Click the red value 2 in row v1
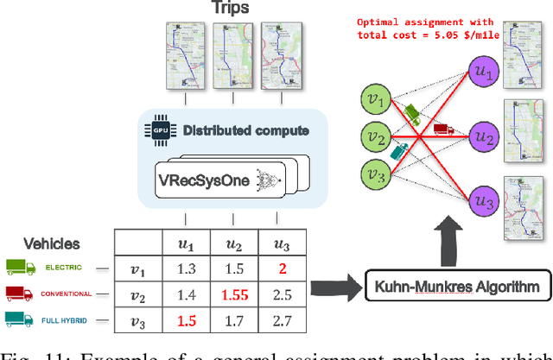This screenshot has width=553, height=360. point(281,268)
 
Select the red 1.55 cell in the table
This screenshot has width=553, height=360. point(234,294)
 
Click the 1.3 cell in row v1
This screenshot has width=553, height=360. point(188,268)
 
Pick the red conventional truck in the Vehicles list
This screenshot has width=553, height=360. point(19,294)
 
